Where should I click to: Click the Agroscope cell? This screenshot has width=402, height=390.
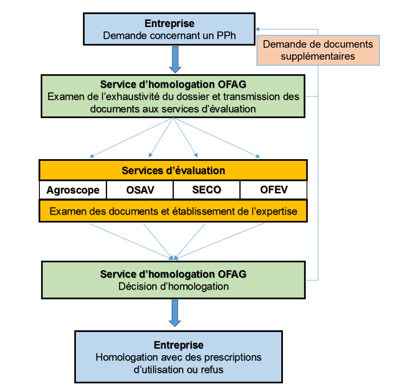click(73, 190)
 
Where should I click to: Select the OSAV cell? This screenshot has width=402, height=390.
click(139, 190)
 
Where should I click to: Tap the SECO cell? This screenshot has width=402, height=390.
click(206, 190)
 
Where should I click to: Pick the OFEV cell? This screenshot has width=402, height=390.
click(274, 190)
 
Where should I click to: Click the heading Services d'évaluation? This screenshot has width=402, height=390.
click(173, 171)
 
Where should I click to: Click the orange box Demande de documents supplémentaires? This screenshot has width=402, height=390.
click(318, 50)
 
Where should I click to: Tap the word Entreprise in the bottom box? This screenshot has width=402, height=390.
click(178, 345)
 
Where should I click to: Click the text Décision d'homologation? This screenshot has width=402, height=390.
click(174, 287)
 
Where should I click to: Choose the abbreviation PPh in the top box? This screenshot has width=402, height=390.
click(226, 36)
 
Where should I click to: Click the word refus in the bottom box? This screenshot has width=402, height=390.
click(211, 369)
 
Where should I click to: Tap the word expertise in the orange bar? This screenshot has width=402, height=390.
click(275, 211)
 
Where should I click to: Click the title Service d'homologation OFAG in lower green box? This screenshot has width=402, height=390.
click(173, 274)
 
